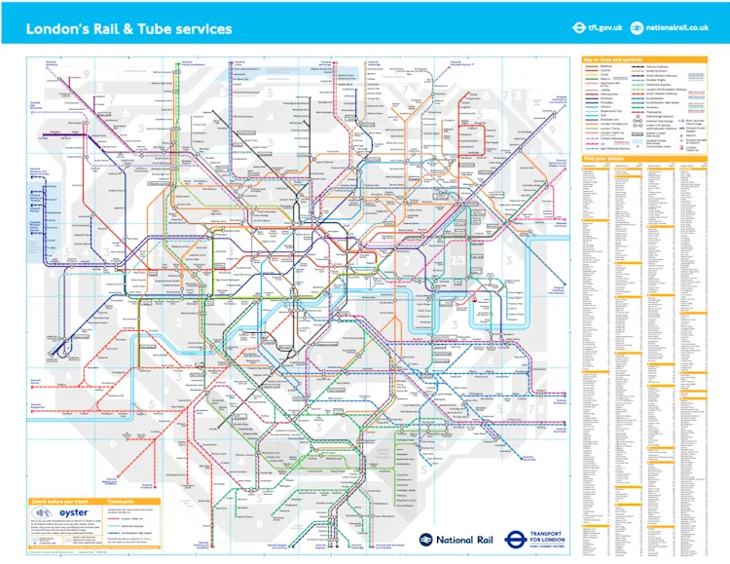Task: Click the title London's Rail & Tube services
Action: pyautogui.click(x=128, y=28)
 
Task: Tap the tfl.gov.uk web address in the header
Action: pyautogui.click(x=601, y=28)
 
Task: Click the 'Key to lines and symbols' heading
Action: pyautogui.click(x=613, y=59)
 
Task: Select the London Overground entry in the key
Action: pyautogui.click(x=613, y=124)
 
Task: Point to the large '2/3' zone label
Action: pyautogui.click(x=458, y=260)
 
